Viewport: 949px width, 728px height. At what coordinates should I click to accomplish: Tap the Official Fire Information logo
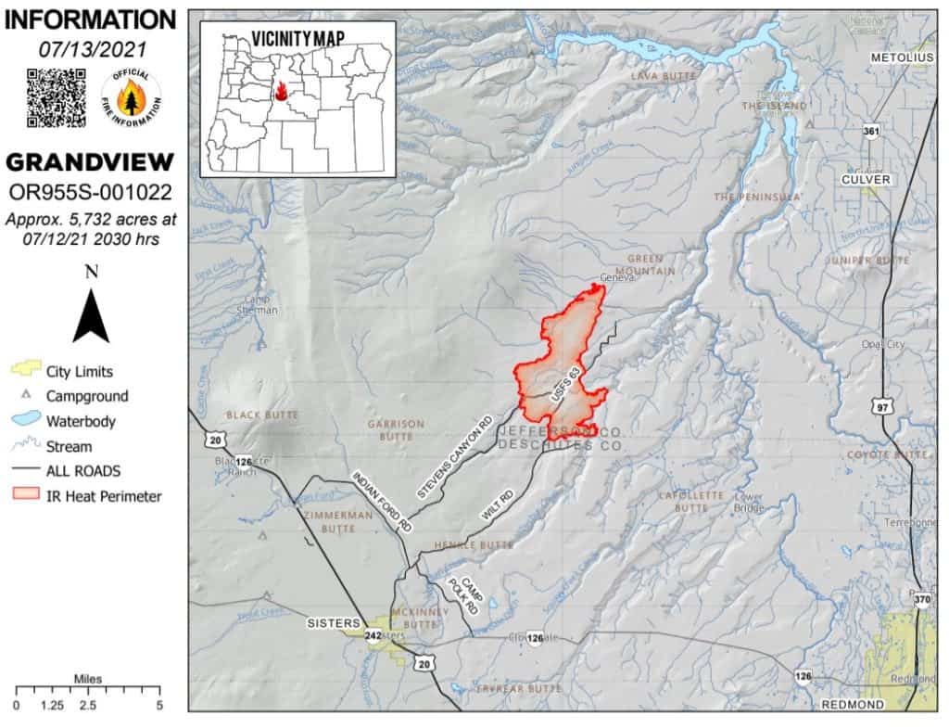[130, 97]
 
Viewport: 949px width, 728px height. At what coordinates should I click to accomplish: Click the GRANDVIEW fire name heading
[90, 163]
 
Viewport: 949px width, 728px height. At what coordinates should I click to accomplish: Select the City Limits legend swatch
[27, 371]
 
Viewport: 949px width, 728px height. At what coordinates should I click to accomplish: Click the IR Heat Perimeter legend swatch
[27, 496]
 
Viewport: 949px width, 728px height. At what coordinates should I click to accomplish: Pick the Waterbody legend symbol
[27, 421]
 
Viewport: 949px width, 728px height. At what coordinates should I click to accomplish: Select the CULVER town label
[867, 179]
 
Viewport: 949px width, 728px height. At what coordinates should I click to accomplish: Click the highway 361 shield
[870, 133]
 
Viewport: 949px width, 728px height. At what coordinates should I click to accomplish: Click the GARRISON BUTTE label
[396, 429]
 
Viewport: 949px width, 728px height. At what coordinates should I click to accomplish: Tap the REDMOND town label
[851, 705]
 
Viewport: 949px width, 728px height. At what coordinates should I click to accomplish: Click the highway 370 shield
[921, 601]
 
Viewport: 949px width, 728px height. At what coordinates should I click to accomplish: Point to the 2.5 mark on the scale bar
[88, 706]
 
